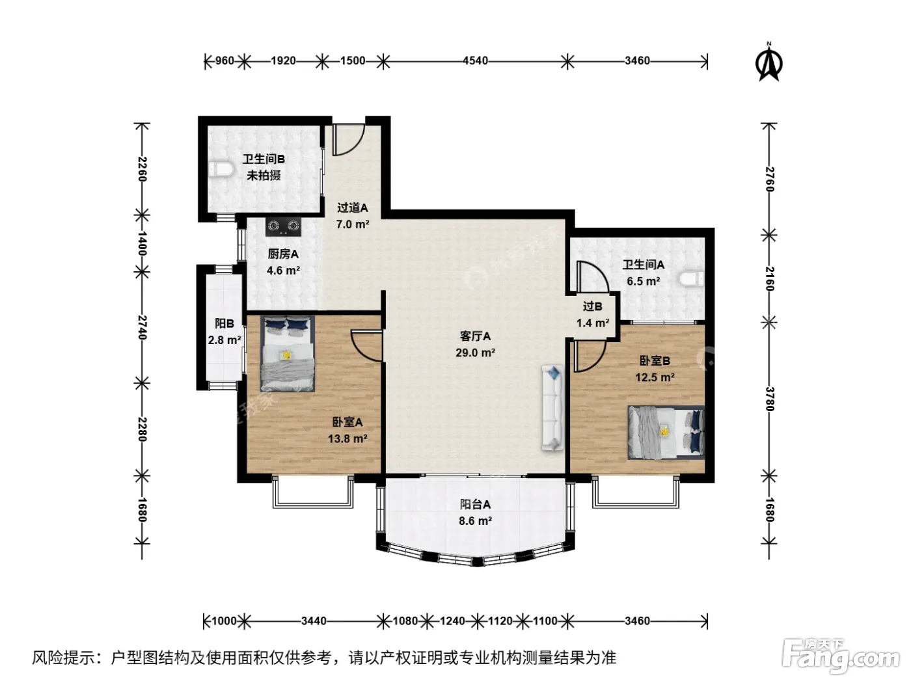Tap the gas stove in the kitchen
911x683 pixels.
(x=284, y=226)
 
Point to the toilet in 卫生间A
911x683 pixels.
(x=692, y=278)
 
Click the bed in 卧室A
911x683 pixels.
(x=287, y=354)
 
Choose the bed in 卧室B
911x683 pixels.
(x=666, y=432)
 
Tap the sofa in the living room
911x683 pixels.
(x=552, y=408)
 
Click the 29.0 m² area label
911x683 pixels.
(x=475, y=353)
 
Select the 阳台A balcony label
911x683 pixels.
(x=475, y=504)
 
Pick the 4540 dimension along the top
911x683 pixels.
(x=475, y=61)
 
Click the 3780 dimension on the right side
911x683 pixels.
(x=770, y=399)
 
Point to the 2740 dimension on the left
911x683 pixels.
(x=143, y=328)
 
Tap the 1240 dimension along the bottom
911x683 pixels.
(x=452, y=621)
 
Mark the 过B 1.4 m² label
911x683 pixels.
(x=593, y=315)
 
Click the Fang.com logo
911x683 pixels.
(x=841, y=655)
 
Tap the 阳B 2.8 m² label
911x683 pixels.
(x=224, y=332)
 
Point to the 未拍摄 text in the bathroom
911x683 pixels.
(x=264, y=176)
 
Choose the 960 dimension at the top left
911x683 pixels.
(x=224, y=61)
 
